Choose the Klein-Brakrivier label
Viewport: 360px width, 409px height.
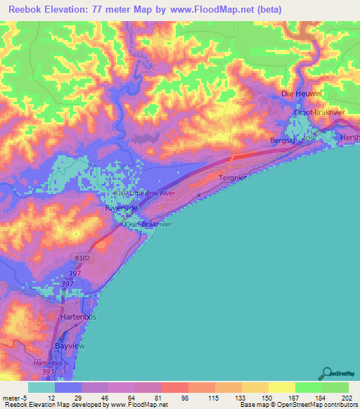click(x=148, y=224)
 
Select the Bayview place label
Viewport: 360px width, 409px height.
click(x=70, y=346)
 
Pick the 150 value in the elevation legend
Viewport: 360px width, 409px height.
click(x=267, y=397)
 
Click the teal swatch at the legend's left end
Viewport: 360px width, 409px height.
click(x=41, y=387)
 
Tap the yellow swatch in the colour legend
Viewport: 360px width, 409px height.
click(x=281, y=387)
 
